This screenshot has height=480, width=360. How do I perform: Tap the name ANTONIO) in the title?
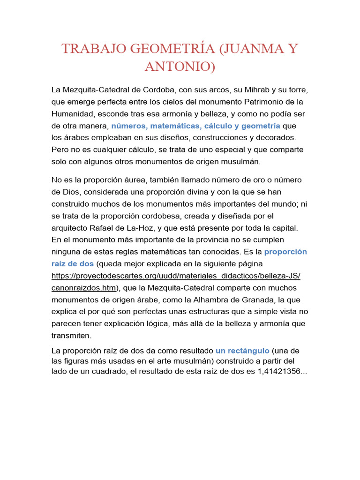[180, 66]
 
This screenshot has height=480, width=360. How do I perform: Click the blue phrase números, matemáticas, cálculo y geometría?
[195, 126]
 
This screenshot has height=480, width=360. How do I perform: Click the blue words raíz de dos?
[73, 263]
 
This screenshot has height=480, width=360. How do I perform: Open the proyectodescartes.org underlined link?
[176, 276]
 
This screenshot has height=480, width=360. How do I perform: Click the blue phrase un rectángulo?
[242, 351]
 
